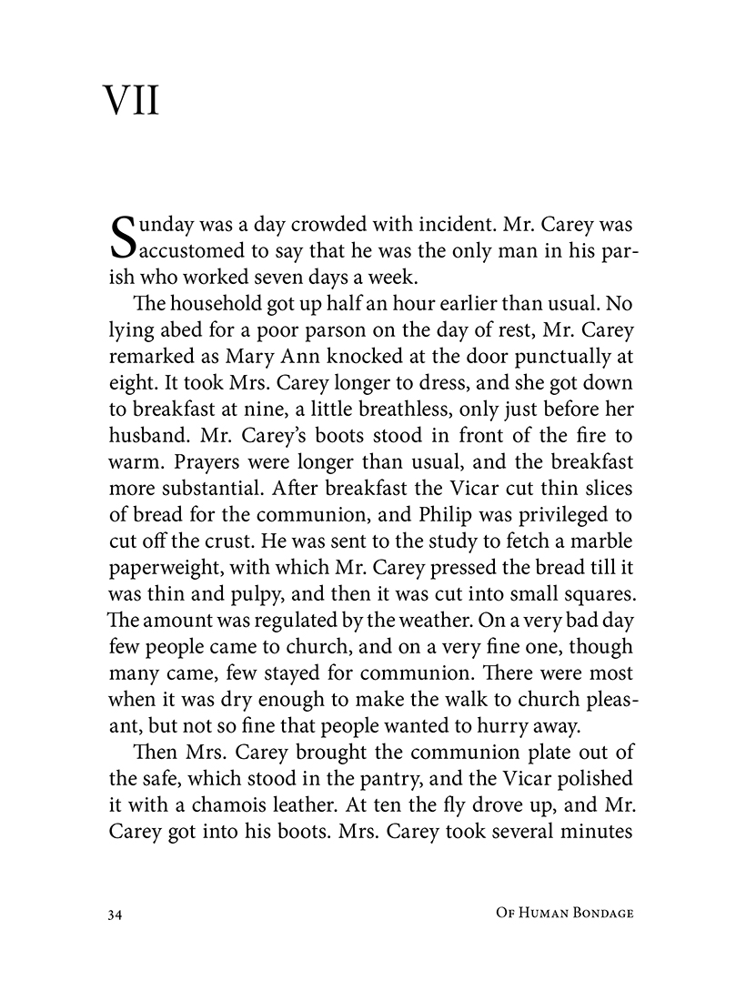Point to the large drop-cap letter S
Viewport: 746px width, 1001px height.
click(x=126, y=237)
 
